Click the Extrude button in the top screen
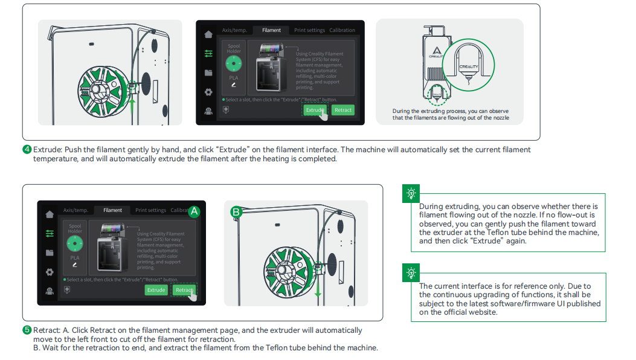315,110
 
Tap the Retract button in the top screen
343,110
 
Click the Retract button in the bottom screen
184,290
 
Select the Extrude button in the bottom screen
156,290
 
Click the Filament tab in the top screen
271,30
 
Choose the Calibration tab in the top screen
342,30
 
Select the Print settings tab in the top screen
309,30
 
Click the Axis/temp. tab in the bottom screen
75,210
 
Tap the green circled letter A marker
194,211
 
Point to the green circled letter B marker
236,211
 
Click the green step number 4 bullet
27,150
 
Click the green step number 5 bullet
27,330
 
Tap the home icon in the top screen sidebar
208,34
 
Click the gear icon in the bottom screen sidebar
50,272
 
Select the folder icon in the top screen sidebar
208,72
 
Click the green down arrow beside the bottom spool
318,291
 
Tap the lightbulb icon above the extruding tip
411,193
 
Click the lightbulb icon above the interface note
411,273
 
